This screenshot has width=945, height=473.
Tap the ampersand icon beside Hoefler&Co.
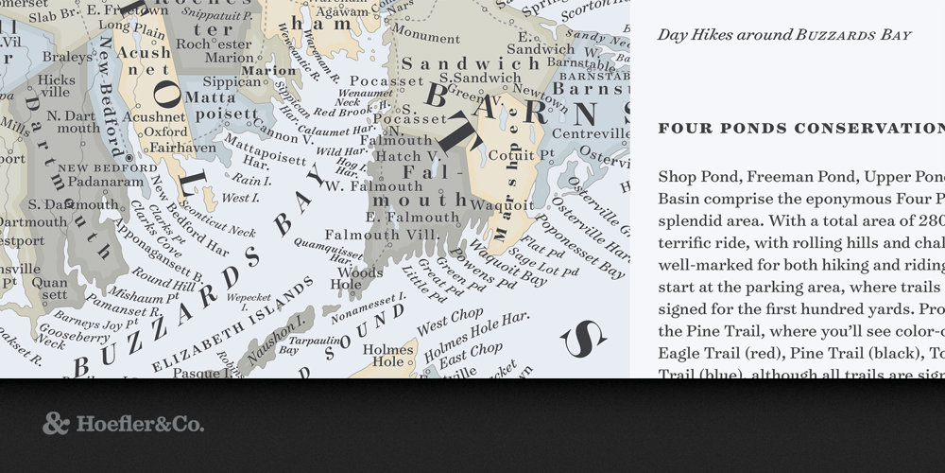tap(56, 424)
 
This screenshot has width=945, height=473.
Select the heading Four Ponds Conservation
tap(799, 128)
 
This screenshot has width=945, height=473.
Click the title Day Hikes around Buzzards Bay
tap(783, 35)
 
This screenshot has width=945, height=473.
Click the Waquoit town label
tap(496, 204)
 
